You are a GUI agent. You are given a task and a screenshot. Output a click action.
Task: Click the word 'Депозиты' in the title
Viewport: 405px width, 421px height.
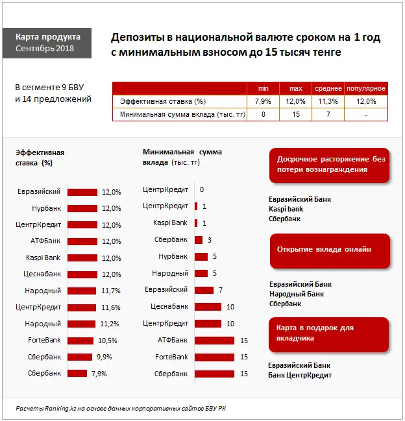138,38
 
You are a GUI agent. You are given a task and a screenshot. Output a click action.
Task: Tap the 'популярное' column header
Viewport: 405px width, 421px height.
366,88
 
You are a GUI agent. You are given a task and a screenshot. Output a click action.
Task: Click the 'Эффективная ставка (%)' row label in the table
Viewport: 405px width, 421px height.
159,101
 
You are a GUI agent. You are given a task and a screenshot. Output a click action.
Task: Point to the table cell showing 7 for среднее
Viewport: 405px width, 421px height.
328,114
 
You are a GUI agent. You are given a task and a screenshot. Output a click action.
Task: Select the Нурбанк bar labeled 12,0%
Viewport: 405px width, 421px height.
82,209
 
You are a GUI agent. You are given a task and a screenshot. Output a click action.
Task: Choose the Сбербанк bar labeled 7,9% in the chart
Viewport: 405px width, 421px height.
77,373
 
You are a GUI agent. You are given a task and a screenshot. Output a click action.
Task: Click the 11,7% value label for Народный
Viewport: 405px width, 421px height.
110,291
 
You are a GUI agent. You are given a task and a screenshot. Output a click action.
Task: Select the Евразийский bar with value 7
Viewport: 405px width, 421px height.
204,290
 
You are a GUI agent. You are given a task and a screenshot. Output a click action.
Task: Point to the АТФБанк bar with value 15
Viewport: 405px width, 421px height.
214,340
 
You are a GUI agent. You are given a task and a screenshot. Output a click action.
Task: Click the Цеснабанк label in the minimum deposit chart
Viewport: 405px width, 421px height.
169,306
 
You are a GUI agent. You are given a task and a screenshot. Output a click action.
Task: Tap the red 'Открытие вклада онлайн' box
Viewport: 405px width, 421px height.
330,250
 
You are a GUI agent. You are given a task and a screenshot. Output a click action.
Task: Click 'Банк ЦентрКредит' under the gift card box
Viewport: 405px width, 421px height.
300,376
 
